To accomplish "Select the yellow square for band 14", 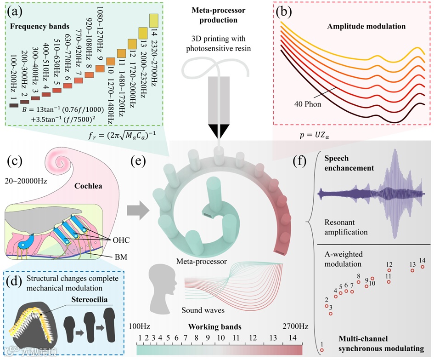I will (154, 21).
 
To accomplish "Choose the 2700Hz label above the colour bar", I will (295, 326).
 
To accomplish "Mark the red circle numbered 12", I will (389, 270).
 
